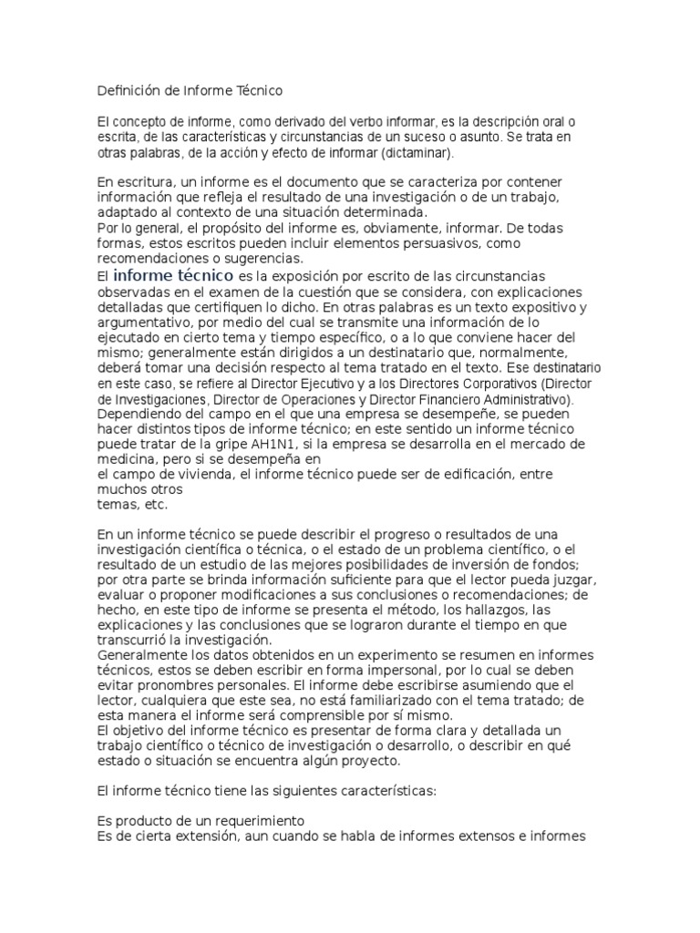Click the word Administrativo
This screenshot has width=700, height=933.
point(522,399)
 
